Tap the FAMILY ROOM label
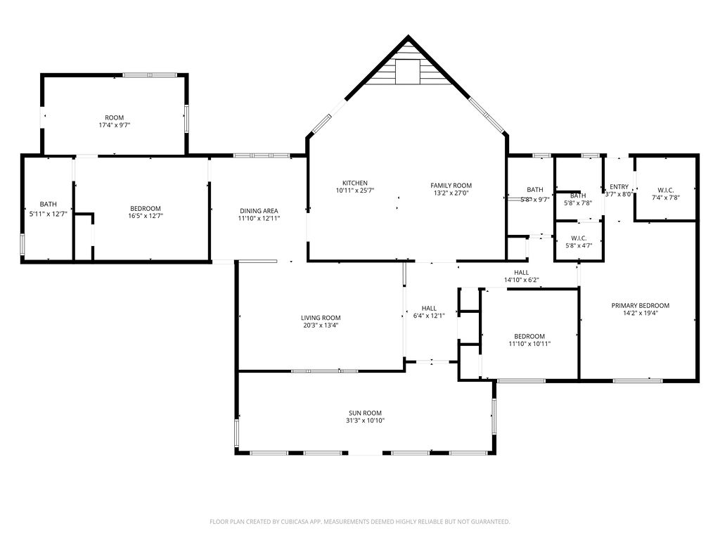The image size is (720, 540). [x=451, y=186]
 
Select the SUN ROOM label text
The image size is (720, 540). [x=365, y=413]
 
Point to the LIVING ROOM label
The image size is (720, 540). [x=321, y=318]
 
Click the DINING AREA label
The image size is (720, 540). [x=259, y=211]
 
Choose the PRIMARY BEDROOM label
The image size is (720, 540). [x=640, y=306]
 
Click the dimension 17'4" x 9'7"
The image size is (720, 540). [x=115, y=125]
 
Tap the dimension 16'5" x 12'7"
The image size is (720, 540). [x=146, y=216]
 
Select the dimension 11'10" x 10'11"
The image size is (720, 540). [x=529, y=344]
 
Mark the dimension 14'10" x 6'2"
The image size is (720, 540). [x=521, y=280]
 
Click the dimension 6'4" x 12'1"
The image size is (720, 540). [x=429, y=315]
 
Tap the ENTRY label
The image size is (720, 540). [x=619, y=186]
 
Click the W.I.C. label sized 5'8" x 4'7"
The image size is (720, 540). [x=579, y=238]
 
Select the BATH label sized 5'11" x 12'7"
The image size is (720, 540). [x=48, y=205]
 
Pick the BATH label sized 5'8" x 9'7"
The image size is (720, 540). [x=535, y=189]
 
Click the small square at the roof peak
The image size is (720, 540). [x=406, y=71]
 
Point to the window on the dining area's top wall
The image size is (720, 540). [x=261, y=155]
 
